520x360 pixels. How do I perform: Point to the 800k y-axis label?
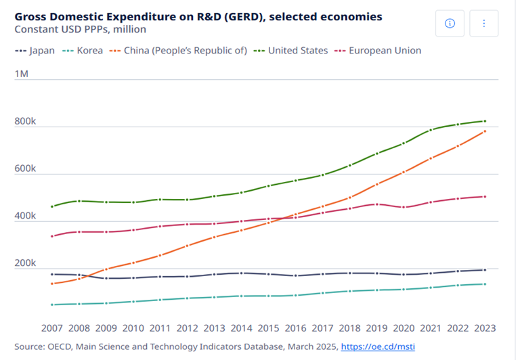(25, 122)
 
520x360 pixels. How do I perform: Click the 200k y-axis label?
(25, 263)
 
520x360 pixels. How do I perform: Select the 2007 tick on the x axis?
(52, 328)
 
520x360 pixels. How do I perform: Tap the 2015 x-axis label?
(268, 328)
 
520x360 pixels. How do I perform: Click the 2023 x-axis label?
(484, 328)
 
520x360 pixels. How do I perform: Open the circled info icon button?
(450, 23)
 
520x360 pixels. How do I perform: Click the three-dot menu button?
(484, 23)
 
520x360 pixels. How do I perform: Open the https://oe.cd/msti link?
(378, 346)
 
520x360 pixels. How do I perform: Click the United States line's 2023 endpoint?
(484, 121)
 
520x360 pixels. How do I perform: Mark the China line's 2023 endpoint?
(484, 131)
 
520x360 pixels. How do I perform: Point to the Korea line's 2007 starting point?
(52, 305)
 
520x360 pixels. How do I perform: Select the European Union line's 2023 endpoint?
(484, 197)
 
